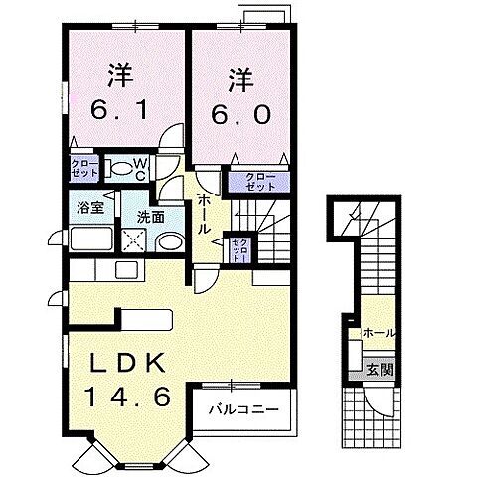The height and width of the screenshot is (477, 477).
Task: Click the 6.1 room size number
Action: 119,110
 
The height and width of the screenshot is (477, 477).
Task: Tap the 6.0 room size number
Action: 240,115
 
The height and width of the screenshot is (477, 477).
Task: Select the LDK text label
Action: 127,363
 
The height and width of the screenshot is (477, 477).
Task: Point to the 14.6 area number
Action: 128,397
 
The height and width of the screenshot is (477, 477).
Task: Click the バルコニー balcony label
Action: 243,410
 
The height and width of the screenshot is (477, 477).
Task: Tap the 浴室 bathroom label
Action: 90,208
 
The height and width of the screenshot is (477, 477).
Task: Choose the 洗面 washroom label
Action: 151,217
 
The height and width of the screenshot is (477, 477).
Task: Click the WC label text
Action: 140,169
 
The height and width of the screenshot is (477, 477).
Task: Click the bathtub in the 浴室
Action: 91,238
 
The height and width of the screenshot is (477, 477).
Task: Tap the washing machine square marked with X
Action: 133,240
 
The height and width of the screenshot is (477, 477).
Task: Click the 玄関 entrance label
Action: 380,370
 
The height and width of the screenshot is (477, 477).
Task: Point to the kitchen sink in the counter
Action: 127,270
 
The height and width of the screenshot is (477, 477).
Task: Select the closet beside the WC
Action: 84,168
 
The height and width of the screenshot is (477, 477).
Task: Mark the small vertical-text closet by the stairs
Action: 240,249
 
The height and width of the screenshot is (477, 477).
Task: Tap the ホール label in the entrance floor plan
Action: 379,333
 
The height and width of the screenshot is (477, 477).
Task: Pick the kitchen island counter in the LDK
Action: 146,319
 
